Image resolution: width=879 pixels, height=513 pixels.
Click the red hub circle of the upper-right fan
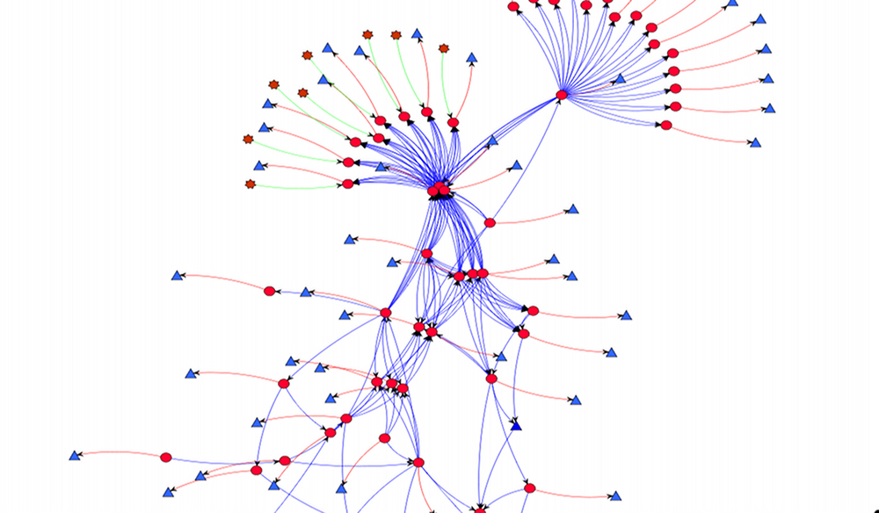[563, 95]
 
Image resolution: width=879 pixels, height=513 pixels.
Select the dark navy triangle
[516, 426]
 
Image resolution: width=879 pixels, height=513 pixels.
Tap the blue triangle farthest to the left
[76, 456]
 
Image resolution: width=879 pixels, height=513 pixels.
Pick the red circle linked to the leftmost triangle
[166, 457]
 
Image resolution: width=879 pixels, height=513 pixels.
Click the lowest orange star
[251, 184]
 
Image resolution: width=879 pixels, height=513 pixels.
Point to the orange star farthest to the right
[443, 48]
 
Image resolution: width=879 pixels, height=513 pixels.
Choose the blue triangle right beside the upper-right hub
[620, 79]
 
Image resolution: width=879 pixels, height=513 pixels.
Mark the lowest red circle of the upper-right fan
[665, 126]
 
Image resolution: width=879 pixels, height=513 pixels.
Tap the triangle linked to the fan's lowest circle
[755, 142]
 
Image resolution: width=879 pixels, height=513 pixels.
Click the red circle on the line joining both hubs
[490, 223]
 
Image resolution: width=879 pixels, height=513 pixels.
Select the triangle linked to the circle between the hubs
[572, 210]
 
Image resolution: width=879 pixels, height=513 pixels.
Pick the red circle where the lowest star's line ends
[348, 184]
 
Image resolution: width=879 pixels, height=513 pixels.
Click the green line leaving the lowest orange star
[299, 187]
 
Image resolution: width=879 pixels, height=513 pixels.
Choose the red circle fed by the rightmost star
[454, 123]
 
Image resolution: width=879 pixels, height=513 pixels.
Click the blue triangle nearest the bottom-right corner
[615, 495]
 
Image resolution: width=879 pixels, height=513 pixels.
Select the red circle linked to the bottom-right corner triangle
[529, 488]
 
